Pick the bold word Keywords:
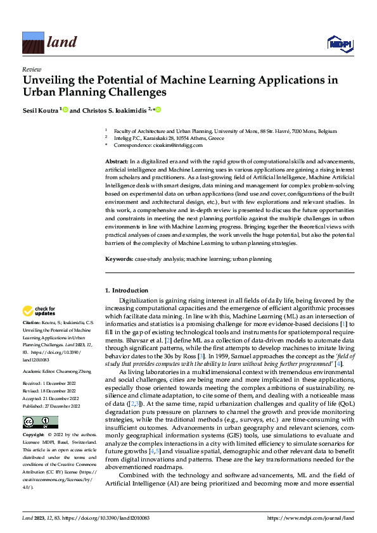pos(118,259)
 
